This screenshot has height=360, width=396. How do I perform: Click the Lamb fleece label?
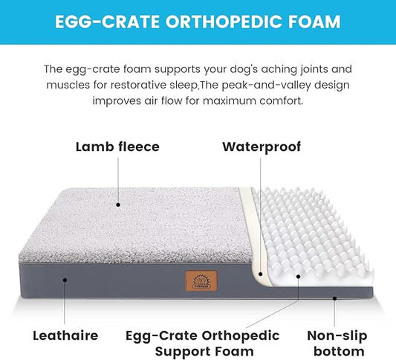coord(117,147)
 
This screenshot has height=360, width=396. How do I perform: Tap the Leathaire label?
coord(65,335)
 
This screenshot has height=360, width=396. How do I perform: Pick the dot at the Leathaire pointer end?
coord(65,280)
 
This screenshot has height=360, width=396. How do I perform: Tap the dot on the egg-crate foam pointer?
coord(298,277)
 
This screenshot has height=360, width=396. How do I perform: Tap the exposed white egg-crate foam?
coord(312,231)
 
